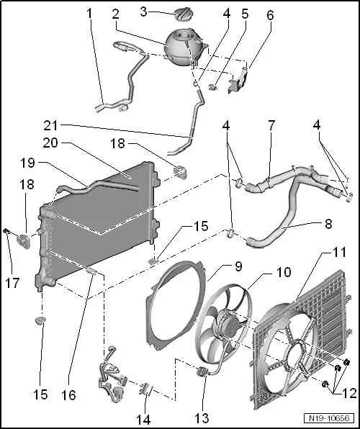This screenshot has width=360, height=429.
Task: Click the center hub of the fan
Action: (x=225, y=326)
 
